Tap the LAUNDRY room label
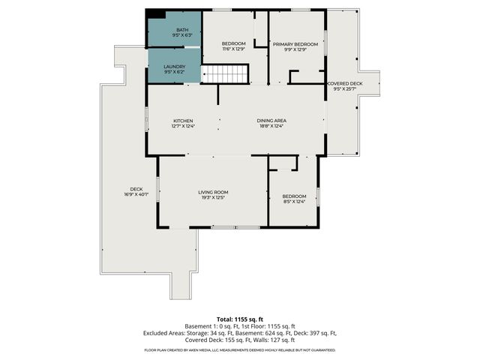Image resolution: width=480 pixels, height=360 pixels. coord(175,67)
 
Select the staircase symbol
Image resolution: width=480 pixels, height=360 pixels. coord(226,74)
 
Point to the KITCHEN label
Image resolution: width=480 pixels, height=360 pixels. coord(184,121)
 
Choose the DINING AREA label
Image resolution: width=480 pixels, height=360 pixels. coord(272,121)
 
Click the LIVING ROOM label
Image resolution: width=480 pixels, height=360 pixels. coord(213,193)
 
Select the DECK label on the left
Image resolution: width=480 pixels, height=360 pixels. coord(136,189)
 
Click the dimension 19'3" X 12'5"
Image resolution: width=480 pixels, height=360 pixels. coord(213,199)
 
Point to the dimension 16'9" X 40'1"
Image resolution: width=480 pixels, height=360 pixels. coord(136,195)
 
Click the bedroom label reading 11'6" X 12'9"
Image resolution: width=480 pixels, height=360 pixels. coord(233,49)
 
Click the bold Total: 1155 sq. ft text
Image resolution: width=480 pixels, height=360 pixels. coord(240,319)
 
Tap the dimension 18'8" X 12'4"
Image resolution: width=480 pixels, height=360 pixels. coord(272,126)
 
